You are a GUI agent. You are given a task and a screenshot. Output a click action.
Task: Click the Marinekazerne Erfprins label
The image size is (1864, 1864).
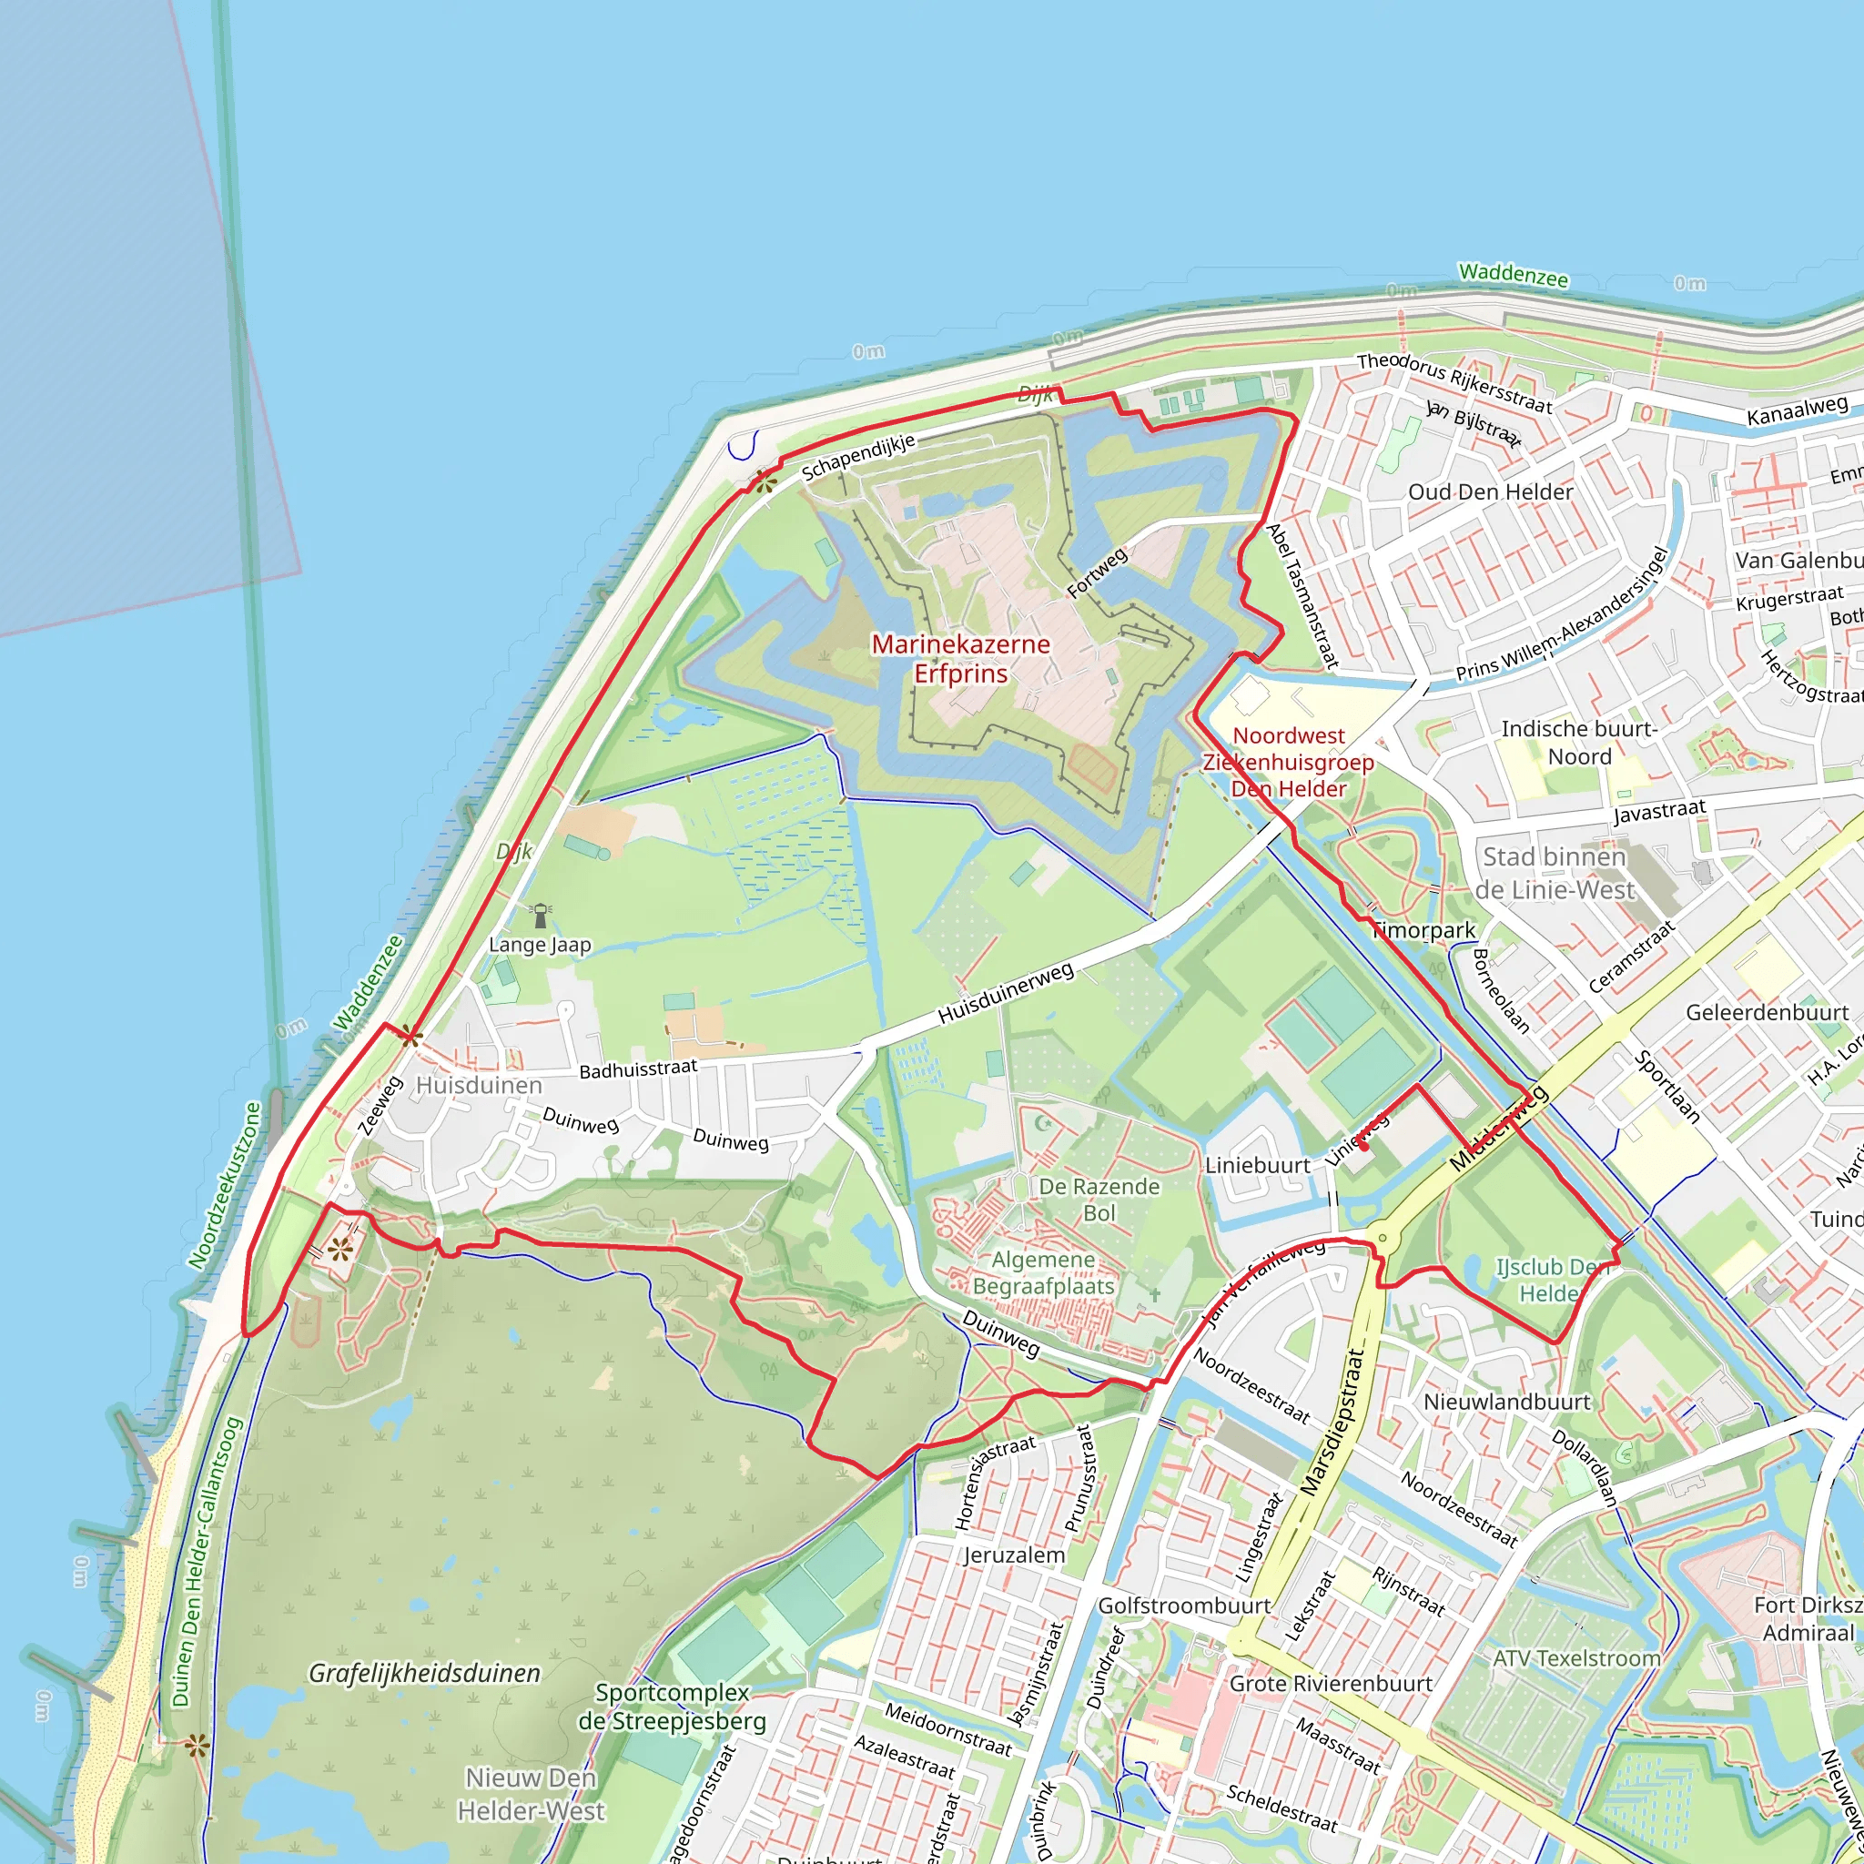tap(960, 659)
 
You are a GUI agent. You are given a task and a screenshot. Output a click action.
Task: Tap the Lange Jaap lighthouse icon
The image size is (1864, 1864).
tap(542, 915)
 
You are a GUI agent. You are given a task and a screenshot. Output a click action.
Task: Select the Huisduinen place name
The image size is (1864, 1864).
tap(479, 1086)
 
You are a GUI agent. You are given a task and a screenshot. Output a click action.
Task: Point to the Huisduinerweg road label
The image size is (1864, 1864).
tap(1006, 993)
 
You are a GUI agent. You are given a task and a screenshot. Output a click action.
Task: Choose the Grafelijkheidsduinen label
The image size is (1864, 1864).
tap(424, 1673)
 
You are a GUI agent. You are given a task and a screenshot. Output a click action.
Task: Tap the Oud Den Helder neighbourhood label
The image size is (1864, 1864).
tap(1491, 492)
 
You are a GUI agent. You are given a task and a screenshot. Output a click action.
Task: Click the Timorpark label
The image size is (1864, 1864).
tap(1424, 930)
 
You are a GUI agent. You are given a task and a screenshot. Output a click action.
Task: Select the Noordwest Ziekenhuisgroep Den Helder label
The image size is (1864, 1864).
tap(1288, 762)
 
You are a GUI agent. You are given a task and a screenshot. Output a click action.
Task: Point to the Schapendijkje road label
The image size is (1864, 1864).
tap(857, 457)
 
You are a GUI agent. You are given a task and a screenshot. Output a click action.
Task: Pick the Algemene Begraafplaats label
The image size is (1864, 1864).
tap(1043, 1272)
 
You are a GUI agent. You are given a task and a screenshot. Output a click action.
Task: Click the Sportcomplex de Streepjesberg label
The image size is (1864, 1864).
tap(672, 1707)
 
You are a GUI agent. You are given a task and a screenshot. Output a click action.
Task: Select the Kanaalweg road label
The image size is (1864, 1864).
tap(1797, 411)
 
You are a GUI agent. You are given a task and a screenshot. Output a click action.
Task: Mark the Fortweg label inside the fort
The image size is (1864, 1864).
tap(1097, 573)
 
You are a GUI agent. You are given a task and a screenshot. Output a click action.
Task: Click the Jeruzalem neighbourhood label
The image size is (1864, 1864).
tap(1014, 1555)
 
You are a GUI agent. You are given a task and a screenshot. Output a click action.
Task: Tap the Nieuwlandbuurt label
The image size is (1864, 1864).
tap(1507, 1401)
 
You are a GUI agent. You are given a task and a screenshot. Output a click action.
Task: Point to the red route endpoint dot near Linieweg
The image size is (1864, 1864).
tap(1364, 1147)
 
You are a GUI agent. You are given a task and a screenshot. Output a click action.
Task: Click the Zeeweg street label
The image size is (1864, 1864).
tap(380, 1106)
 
